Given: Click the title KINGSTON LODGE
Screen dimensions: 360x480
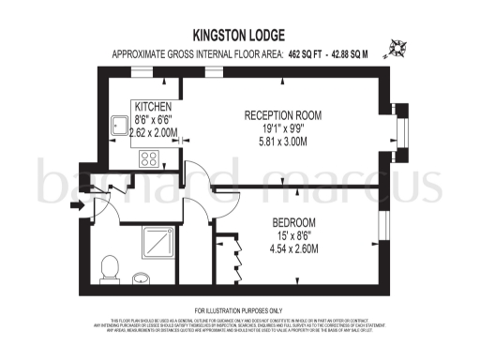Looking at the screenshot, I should pyautogui.click(x=239, y=33).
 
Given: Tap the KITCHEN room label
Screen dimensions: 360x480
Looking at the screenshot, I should pyautogui.click(x=152, y=107).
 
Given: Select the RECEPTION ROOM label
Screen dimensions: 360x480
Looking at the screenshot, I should pyautogui.click(x=282, y=115).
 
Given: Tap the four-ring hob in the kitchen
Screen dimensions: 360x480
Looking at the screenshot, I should pyautogui.click(x=149, y=158).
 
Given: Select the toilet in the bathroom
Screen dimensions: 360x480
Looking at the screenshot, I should pyautogui.click(x=111, y=267).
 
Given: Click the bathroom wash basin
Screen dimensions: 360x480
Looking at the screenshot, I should pyautogui.click(x=142, y=277).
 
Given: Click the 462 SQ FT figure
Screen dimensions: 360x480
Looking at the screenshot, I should pyautogui.click(x=316, y=53).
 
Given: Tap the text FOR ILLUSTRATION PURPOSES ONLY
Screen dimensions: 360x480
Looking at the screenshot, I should pyautogui.click(x=239, y=310).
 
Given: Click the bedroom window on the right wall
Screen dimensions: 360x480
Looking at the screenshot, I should pyautogui.click(x=382, y=229).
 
